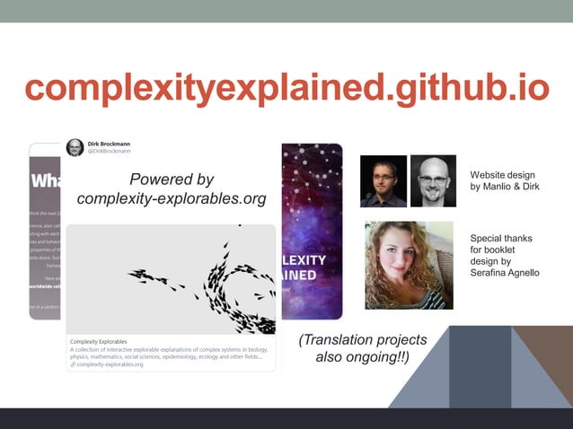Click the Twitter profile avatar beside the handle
coord(75,147)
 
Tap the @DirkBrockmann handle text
coord(109,152)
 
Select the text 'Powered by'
coord(172,179)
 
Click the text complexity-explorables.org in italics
coord(172,198)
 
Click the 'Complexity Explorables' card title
coord(99,342)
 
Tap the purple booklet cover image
coord(312,231)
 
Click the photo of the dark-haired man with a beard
coord(383,180)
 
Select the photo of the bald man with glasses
coord(433,180)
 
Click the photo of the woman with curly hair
coord(409,265)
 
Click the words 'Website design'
coord(502,175)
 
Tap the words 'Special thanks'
coord(501,238)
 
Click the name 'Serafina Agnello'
coord(505,273)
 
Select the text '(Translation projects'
coord(363,340)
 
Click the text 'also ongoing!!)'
coord(363,358)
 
